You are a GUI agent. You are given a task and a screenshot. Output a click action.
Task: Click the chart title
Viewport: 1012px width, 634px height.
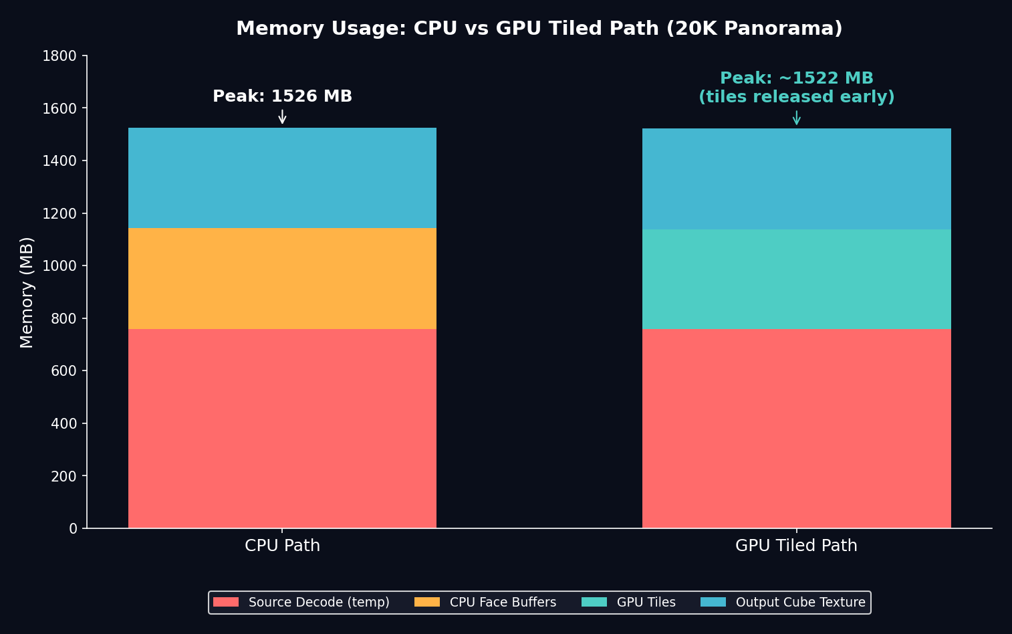(539, 29)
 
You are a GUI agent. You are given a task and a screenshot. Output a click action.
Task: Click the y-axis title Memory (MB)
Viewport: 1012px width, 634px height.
(27, 292)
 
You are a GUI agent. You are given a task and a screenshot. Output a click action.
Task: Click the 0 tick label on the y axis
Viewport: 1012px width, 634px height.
(73, 529)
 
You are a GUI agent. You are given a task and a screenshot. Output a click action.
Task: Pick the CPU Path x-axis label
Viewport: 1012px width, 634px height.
(282, 546)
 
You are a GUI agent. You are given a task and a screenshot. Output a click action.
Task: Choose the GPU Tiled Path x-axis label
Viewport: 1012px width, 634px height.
(796, 546)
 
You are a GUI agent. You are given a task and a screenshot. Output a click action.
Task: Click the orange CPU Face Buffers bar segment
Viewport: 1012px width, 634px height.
(282, 278)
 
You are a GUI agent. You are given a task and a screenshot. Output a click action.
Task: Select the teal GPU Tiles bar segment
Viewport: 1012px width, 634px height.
(796, 279)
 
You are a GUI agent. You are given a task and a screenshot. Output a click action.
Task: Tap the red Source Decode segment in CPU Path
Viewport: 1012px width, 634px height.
(282, 428)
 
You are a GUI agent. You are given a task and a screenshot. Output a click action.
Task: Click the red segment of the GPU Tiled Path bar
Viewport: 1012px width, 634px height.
(796, 428)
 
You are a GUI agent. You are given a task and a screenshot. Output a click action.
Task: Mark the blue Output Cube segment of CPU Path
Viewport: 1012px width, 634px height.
(282, 178)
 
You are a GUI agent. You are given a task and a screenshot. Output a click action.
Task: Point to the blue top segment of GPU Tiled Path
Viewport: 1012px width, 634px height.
(796, 179)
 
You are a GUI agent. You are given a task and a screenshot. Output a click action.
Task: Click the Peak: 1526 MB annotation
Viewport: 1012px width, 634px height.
(282, 97)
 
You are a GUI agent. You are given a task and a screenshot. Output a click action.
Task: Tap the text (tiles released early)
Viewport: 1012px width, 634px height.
(796, 98)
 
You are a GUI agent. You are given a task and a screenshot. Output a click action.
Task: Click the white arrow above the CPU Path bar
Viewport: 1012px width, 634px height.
(282, 117)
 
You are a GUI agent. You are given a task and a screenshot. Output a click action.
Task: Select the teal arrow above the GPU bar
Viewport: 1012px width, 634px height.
(796, 118)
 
